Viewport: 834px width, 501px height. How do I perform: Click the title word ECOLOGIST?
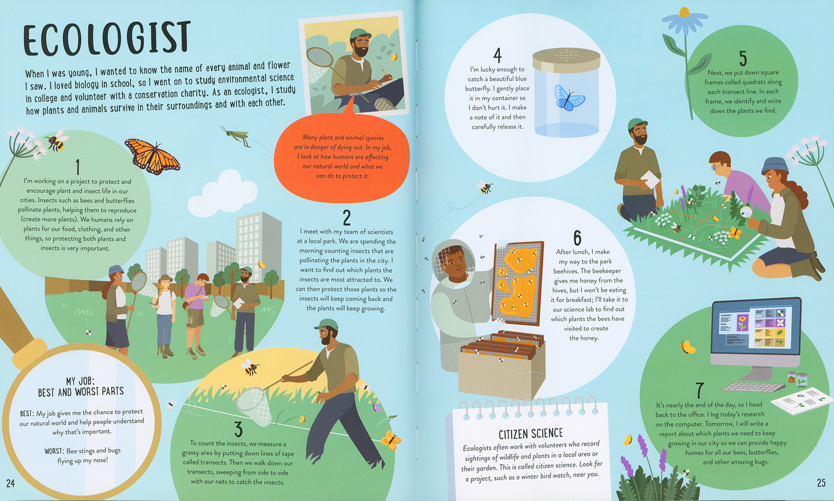point(107,39)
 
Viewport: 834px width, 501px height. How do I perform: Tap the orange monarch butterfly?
point(152,156)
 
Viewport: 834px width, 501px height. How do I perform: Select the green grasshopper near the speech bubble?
point(235,135)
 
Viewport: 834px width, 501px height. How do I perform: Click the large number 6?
point(577,238)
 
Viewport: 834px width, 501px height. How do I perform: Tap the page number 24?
point(10,483)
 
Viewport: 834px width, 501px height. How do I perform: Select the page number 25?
point(821,483)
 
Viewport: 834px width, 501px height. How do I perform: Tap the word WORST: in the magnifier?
point(54,451)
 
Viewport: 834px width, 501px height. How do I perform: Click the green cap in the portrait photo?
point(360,34)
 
